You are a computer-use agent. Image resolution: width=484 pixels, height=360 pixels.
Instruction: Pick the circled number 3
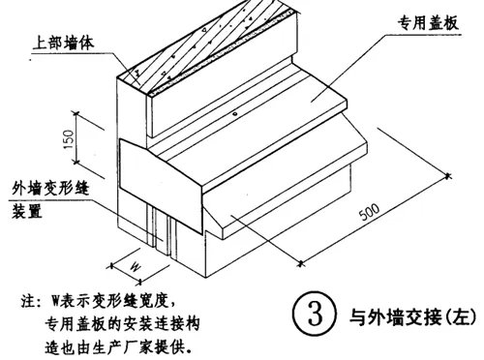tap(314, 315)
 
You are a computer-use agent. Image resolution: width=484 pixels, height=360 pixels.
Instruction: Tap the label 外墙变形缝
tap(50, 190)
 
